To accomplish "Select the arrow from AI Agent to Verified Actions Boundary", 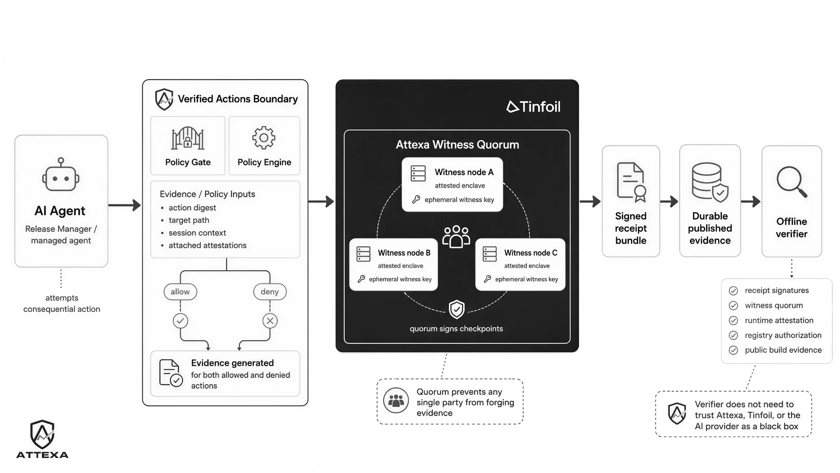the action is (x=124, y=205).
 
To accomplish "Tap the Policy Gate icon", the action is (x=188, y=138).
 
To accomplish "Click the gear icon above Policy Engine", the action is (x=264, y=138).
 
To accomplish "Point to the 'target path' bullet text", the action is (x=189, y=220).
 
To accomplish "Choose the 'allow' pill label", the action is (x=180, y=292).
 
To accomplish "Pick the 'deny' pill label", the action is (x=269, y=292).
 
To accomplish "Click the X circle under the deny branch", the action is (x=270, y=321).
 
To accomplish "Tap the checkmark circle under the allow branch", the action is (x=180, y=321).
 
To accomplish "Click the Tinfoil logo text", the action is (x=533, y=107).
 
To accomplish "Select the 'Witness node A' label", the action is (x=464, y=172).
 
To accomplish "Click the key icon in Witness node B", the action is (x=361, y=279).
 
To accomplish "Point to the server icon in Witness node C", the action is (x=490, y=254).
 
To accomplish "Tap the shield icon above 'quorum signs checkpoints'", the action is (x=456, y=309).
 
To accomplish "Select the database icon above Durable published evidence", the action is (x=710, y=182).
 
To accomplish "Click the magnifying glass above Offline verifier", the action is (x=792, y=182).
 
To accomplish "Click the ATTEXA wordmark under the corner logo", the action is (x=42, y=455).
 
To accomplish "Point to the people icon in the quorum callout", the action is (x=396, y=400).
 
